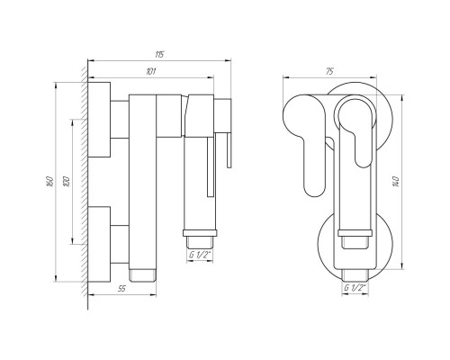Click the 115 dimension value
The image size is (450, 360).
(159, 55)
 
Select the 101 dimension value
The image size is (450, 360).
(150, 72)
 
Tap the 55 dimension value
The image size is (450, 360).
(121, 289)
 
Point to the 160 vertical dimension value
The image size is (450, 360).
(50, 182)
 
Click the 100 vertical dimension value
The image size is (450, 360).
(67, 182)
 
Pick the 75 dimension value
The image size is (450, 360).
(329, 71)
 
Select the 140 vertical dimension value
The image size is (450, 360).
(396, 182)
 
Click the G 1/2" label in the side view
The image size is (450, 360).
(200, 255)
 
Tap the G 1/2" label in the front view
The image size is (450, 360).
(355, 288)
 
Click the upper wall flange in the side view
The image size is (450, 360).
(99, 120)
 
